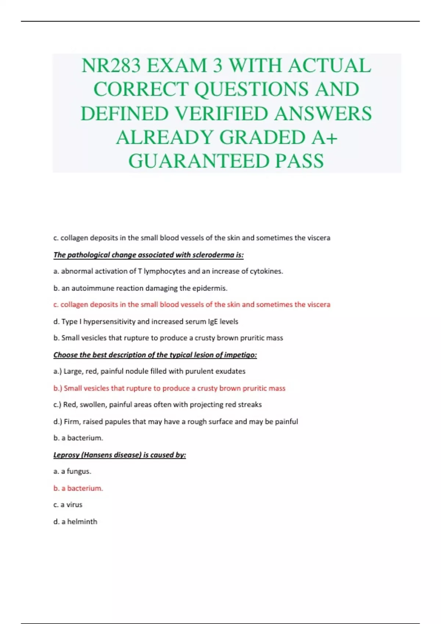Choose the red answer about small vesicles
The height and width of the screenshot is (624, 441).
pyautogui.click(x=169, y=388)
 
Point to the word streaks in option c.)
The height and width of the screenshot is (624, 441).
pyautogui.click(x=250, y=404)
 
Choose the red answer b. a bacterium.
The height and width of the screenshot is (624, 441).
pyautogui.click(x=78, y=488)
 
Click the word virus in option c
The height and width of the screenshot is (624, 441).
pyautogui.click(x=74, y=505)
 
